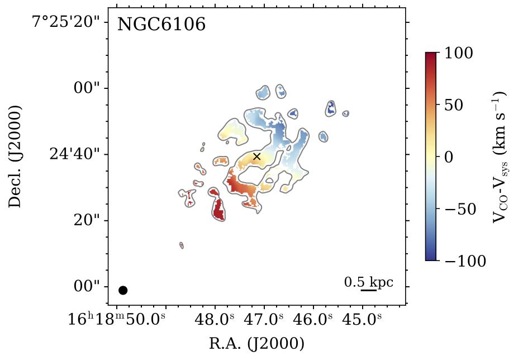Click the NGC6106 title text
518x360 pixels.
(x=161, y=25)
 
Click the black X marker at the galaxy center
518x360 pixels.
(x=256, y=157)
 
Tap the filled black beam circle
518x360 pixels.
(x=123, y=290)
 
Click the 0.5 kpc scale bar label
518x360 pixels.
(x=368, y=282)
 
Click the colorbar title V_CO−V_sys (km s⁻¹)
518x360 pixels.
(x=499, y=157)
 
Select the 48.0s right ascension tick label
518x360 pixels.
(x=215, y=320)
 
